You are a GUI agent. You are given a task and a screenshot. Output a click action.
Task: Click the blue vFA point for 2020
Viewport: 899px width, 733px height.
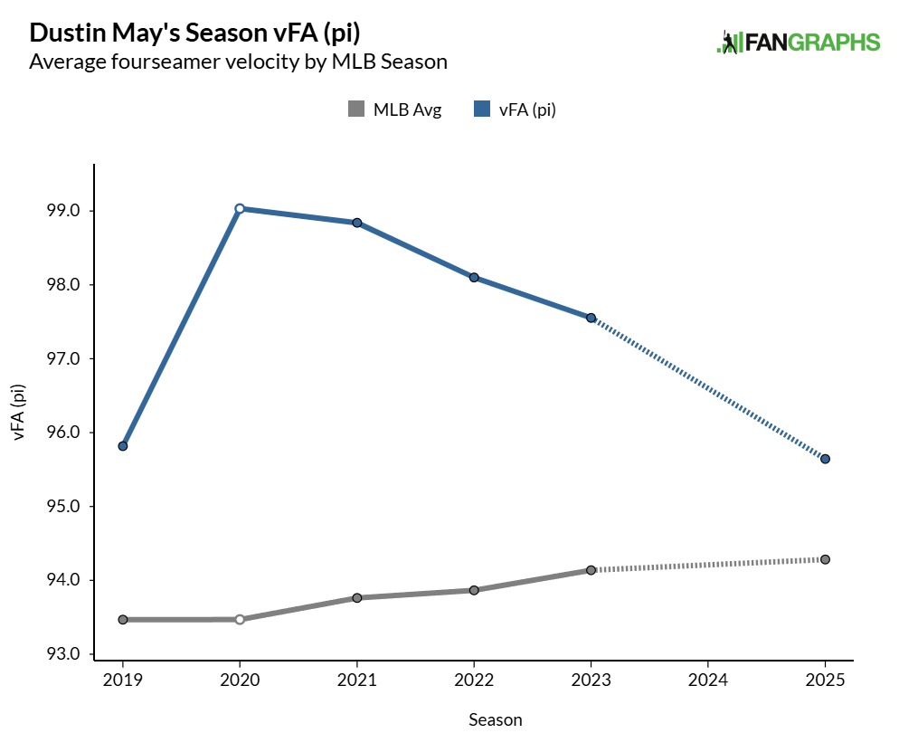pyautogui.click(x=240, y=208)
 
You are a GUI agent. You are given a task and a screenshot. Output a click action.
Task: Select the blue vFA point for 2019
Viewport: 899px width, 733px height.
pyautogui.click(x=122, y=446)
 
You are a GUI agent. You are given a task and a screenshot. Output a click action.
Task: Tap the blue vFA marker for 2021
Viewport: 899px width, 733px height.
pyautogui.click(x=357, y=223)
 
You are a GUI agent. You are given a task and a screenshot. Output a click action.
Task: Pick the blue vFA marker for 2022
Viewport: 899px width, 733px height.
pyautogui.click(x=474, y=278)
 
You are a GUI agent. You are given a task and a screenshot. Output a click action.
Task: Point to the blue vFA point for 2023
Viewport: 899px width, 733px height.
pyautogui.click(x=591, y=318)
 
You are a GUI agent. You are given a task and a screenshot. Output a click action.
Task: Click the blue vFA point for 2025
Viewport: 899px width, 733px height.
pyautogui.click(x=826, y=459)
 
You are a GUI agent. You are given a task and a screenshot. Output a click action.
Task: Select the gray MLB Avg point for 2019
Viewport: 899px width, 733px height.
pyautogui.click(x=122, y=620)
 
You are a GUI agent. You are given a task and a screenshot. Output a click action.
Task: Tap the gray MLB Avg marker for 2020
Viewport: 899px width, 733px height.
pyautogui.click(x=240, y=620)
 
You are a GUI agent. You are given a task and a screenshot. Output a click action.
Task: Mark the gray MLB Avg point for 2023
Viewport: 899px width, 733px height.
pyautogui.click(x=591, y=570)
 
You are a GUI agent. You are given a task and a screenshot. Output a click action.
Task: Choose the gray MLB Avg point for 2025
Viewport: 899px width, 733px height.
pyautogui.click(x=826, y=559)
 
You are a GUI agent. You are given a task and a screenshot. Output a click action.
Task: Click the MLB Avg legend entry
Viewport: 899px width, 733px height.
pyautogui.click(x=395, y=110)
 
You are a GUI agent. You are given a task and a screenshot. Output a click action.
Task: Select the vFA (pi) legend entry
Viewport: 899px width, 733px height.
pyautogui.click(x=515, y=110)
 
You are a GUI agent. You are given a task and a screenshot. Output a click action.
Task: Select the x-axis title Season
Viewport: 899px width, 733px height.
pyautogui.click(x=495, y=719)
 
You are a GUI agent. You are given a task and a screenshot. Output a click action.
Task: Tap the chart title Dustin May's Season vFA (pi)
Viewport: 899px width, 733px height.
pyautogui.click(x=194, y=33)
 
